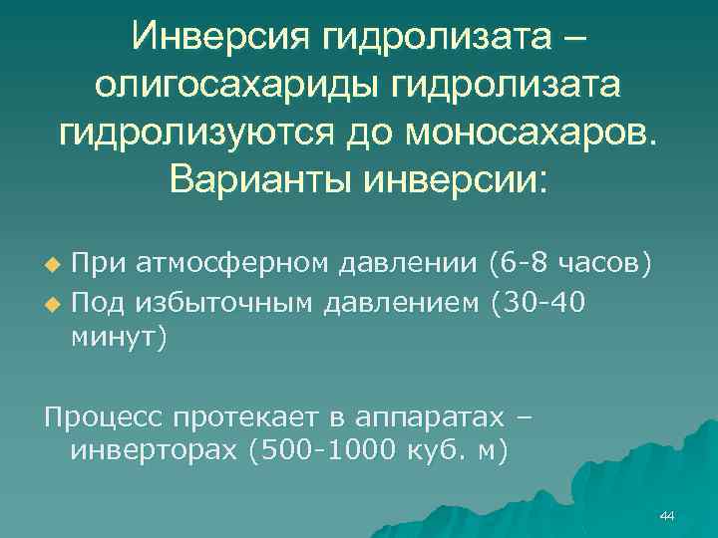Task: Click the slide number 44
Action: (x=667, y=515)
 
